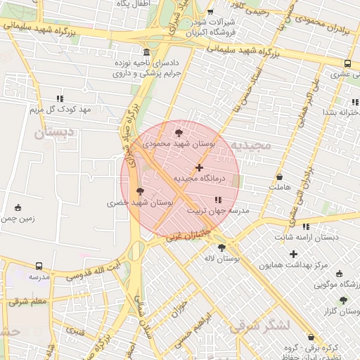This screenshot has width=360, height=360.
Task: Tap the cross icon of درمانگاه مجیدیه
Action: point(200,167)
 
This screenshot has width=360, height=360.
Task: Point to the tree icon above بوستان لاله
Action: point(222,247)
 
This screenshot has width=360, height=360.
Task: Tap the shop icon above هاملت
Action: point(281,177)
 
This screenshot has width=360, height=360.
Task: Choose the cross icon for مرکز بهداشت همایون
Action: point(293,254)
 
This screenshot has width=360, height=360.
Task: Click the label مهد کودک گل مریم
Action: point(60,110)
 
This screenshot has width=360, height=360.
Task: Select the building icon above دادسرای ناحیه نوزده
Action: point(146,53)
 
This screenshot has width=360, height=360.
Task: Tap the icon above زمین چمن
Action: point(18,207)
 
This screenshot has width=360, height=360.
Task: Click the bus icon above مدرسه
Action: point(39,266)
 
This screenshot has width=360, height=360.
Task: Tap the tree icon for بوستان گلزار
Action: point(343,300)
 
